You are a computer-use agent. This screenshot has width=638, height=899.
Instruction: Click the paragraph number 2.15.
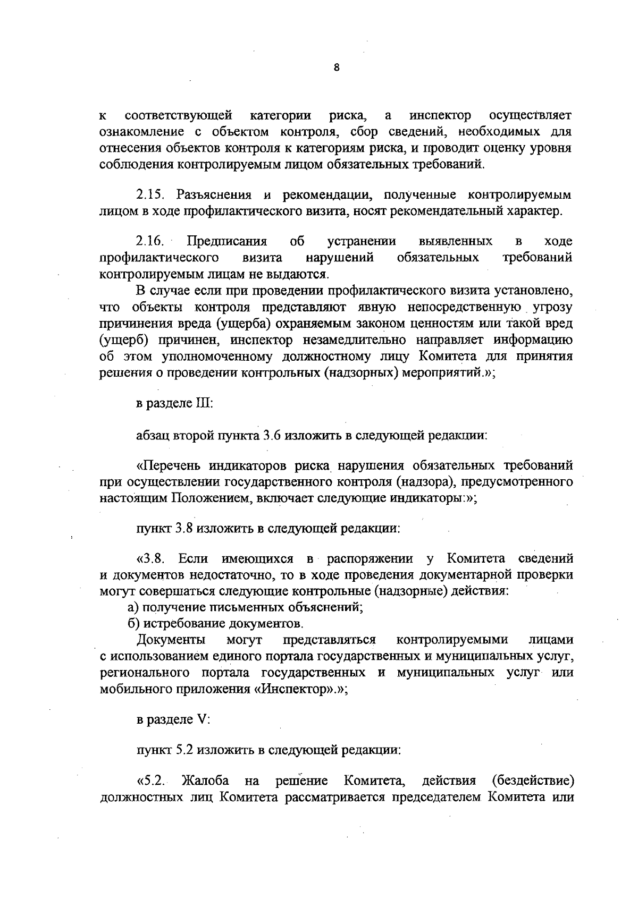(150, 194)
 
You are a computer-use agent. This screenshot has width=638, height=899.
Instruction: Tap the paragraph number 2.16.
(150, 242)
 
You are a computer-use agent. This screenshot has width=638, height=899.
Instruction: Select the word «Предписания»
(228, 242)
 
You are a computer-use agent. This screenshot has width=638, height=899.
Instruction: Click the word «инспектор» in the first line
(440, 115)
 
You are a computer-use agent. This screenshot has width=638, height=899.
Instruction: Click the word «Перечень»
(167, 467)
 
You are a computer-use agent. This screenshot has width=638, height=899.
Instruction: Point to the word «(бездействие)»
(532, 781)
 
